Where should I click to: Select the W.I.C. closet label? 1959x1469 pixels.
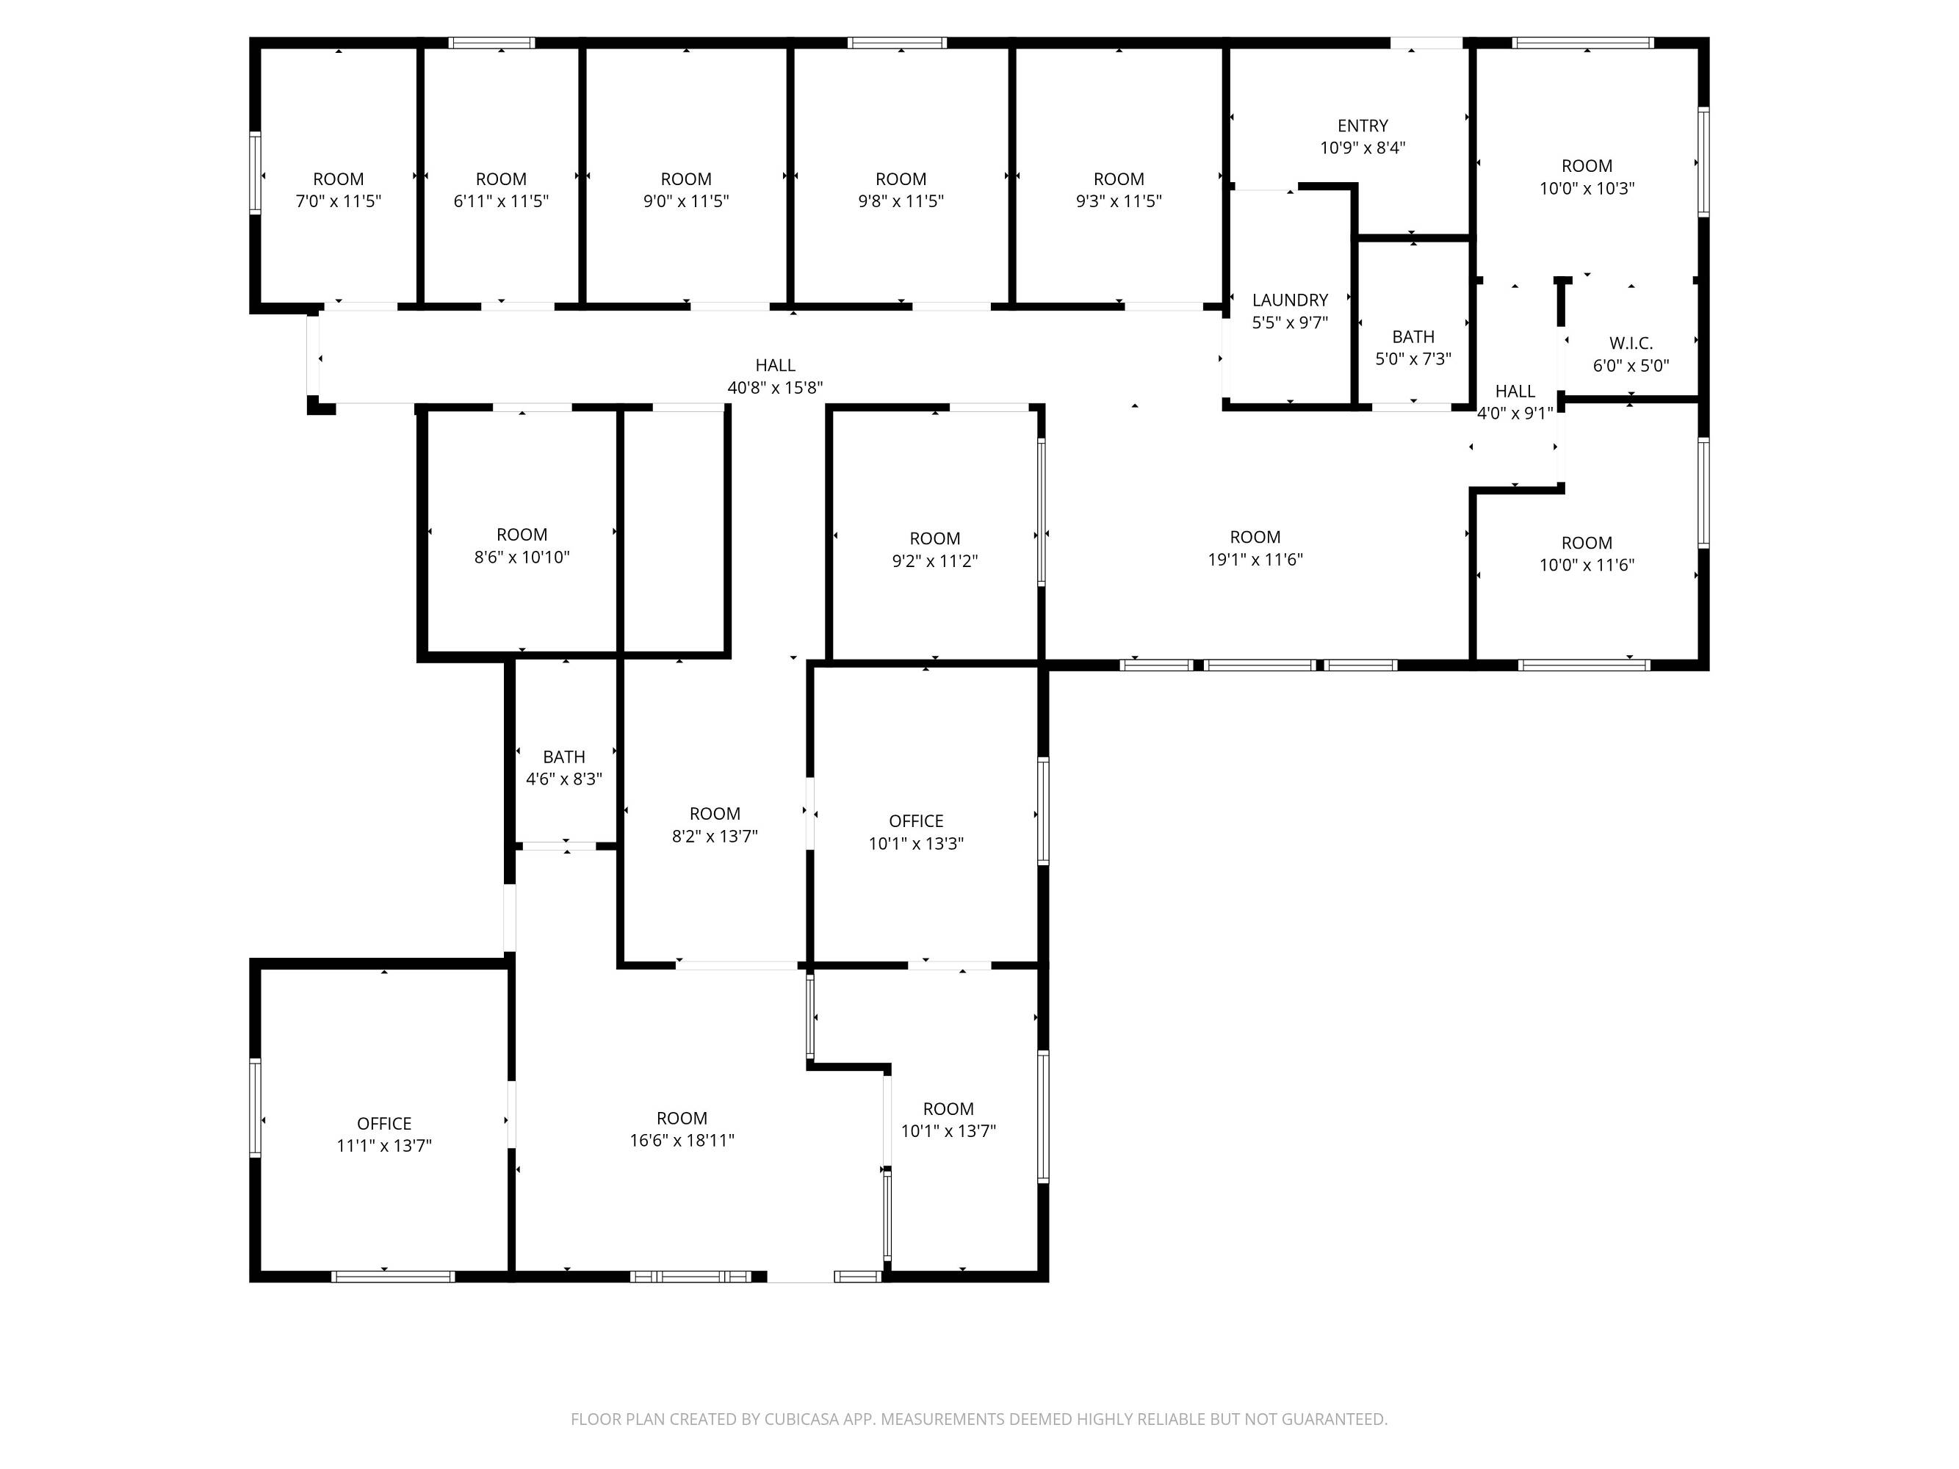coord(1631,344)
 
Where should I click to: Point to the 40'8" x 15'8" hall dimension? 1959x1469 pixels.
coord(775,388)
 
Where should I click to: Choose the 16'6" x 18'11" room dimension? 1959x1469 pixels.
coord(681,1141)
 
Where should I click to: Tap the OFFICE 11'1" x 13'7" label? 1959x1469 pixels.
coord(383,1134)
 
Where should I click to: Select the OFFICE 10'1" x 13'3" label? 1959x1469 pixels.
coord(916,832)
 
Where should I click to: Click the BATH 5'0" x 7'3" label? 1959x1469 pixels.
coord(1413,348)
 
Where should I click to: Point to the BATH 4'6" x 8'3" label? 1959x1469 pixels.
coord(563,768)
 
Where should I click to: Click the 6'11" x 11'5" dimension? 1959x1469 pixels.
coord(500,201)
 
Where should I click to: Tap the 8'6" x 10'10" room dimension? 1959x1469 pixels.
coord(522,557)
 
